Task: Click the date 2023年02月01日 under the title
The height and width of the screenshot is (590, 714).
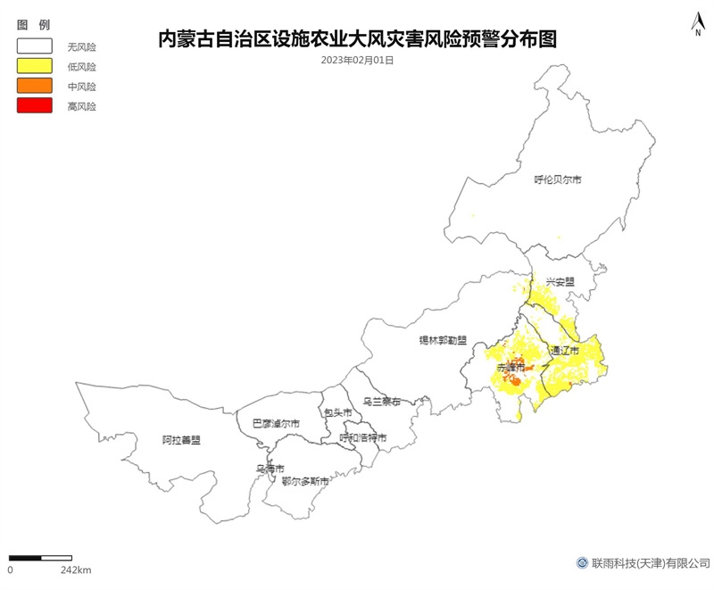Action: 357,61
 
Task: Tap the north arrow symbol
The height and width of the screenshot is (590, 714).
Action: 697,25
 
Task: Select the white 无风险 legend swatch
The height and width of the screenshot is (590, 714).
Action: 37,46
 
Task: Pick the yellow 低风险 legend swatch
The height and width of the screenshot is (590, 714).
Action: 37,66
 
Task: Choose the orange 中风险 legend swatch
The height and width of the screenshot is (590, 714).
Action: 37,87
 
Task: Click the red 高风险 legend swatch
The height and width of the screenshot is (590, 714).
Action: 37,106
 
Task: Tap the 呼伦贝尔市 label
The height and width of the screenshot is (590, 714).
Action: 558,179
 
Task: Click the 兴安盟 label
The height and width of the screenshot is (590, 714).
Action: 560,282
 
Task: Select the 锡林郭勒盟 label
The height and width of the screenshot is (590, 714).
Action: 444,340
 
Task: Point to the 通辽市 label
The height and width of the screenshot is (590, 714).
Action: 565,350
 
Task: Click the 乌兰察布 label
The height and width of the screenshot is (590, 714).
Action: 382,402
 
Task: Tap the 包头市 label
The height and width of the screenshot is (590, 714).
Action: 338,412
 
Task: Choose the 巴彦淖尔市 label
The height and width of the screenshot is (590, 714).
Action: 275,423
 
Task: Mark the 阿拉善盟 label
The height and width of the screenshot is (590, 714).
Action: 181,440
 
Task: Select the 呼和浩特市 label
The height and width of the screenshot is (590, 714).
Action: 363,438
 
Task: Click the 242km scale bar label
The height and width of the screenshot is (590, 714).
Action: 76,569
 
